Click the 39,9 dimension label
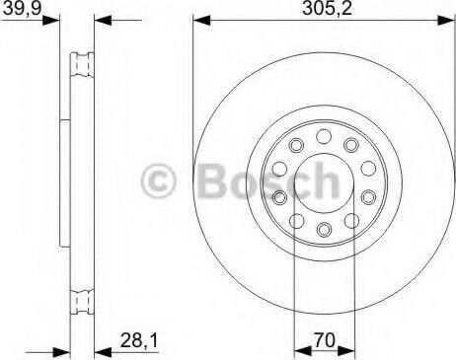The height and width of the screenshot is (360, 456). pyautogui.click(x=22, y=8)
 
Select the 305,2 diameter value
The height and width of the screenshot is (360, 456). pyautogui.click(x=327, y=8)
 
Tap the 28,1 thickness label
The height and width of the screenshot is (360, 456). pyautogui.click(x=139, y=340)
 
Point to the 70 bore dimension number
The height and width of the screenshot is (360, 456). pyautogui.click(x=325, y=340)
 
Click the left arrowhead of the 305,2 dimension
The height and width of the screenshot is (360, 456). pyautogui.click(x=201, y=21)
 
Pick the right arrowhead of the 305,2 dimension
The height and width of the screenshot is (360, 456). pyautogui.click(x=447, y=21)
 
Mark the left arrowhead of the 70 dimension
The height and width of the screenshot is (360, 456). pyautogui.click(x=303, y=351)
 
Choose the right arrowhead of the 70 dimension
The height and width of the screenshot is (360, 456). pyautogui.click(x=346, y=351)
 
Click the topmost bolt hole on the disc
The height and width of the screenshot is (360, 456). pyautogui.click(x=324, y=136)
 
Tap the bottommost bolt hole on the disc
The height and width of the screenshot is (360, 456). pyautogui.click(x=324, y=229)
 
